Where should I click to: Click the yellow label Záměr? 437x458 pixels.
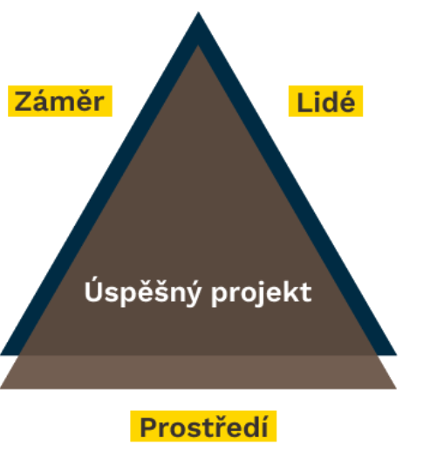pos(60,101)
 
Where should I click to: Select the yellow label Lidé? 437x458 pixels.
pos(325,101)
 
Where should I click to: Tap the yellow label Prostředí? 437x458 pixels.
pos(203,427)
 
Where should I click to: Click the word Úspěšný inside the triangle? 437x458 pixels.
pos(143,291)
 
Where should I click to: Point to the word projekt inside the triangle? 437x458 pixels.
pos(262,293)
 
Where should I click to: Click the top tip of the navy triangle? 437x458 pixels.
pos(198,11)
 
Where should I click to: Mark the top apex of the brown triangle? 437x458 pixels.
pos(198,45)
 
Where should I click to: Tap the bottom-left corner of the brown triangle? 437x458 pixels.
pos(1,388)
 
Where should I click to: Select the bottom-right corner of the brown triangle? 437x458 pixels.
pos(396,388)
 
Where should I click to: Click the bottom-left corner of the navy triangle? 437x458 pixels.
pos(1,355)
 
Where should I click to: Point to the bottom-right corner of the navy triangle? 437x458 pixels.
pos(396,355)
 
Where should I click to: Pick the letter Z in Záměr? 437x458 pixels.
pos(24,101)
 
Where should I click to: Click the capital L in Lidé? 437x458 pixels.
pos(303,102)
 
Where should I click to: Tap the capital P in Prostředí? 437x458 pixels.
pos(148,427)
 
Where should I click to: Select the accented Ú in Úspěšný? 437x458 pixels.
pos(92,289)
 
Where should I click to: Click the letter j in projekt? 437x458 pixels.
pos(255,294)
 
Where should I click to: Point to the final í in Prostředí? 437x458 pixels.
pos(264,426)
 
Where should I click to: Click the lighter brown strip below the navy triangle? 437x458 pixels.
pos(198,372)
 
